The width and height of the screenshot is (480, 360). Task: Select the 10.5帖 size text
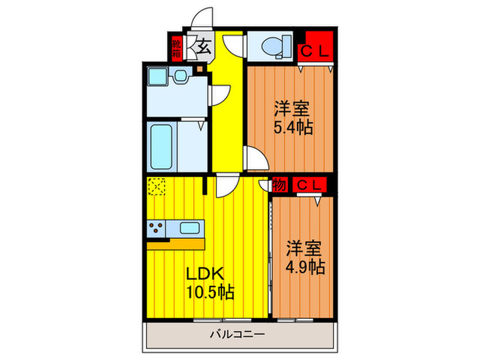coord(211,292)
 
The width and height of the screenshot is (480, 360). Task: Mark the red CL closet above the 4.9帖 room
coord(307,185)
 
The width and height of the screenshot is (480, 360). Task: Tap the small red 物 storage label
coord(279,185)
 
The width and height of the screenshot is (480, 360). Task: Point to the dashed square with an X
coord(157,187)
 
